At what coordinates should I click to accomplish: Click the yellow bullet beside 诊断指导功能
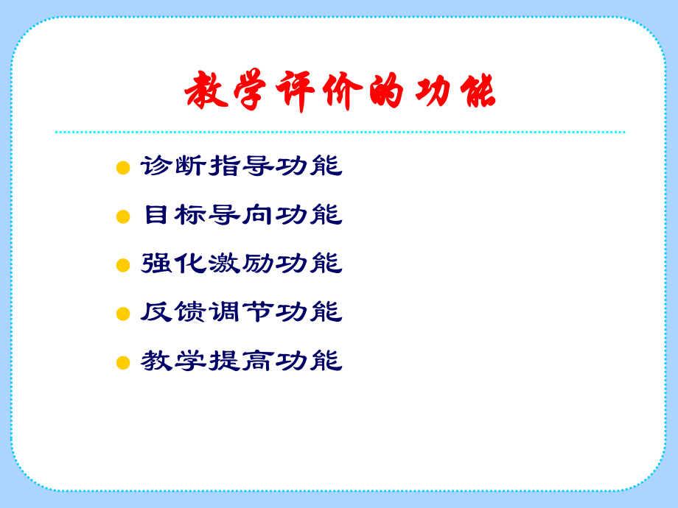pos(123,169)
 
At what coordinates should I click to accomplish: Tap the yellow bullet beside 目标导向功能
pos(123,217)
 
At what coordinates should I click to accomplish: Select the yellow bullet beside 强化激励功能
pos(123,266)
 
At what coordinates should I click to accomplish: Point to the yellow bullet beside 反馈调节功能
pos(123,314)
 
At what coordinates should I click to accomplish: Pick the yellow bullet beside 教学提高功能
pos(123,363)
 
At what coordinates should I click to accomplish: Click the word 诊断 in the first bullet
pos(174,166)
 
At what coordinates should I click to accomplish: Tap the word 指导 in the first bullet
pos(242,166)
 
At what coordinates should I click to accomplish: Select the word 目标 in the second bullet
pos(174,215)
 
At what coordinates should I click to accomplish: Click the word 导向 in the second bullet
pos(242,215)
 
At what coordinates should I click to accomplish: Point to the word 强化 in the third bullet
pos(174,264)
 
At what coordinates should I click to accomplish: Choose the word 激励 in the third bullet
pos(242,264)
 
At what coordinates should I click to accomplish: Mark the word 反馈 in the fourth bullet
pos(174,312)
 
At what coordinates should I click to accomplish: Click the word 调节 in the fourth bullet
pos(242,312)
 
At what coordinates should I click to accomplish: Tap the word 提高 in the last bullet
pos(242,361)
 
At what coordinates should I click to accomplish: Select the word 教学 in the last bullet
pos(174,361)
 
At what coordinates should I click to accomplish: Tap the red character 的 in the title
pos(383,92)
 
